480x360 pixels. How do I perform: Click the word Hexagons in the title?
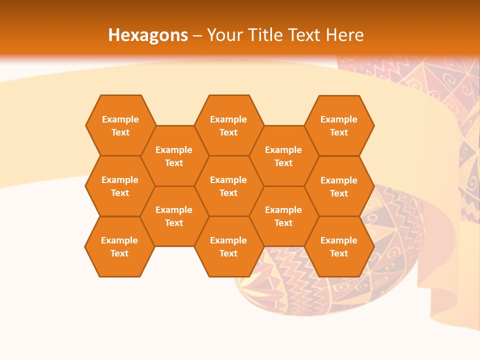[148, 35]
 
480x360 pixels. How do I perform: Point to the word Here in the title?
[344, 35]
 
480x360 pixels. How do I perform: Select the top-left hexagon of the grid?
[120, 125]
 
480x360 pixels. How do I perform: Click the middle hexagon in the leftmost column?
[120, 186]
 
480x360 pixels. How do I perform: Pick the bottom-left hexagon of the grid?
[119, 246]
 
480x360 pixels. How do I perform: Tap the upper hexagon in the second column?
[174, 156]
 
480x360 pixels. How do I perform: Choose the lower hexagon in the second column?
[174, 216]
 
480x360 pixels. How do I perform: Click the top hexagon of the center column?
[228, 125]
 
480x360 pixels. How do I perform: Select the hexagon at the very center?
[228, 186]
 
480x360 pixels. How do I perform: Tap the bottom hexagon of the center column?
[228, 246]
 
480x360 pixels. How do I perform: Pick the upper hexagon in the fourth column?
[283, 156]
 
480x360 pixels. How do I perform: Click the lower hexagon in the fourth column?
[283, 216]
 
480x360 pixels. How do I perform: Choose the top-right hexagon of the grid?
[339, 125]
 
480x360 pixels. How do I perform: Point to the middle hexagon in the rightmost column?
[339, 186]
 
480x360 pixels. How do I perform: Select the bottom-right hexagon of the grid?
[339, 246]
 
